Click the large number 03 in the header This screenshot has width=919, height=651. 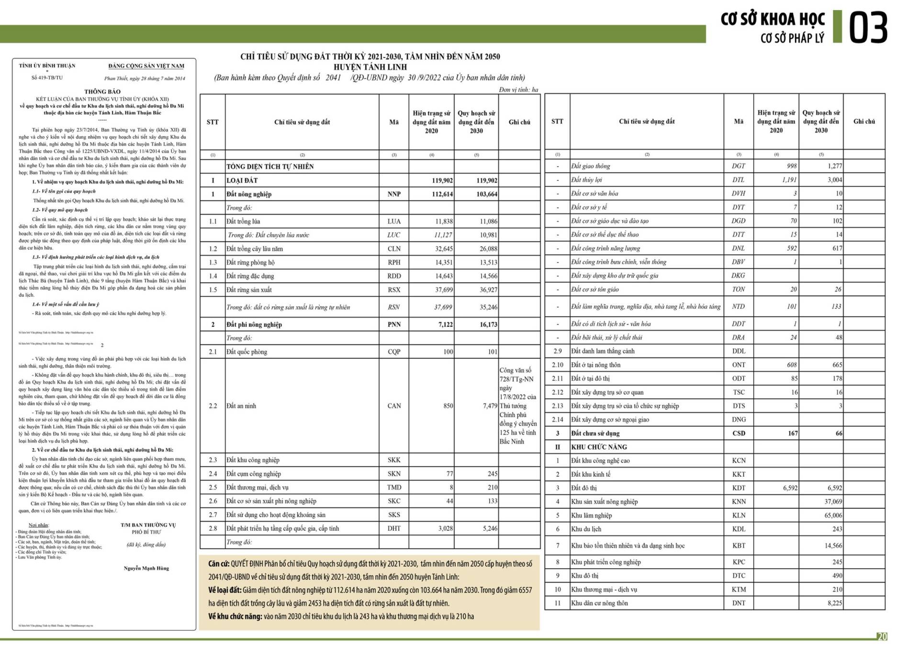point(868,28)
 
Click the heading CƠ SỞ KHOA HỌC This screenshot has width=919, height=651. point(773,19)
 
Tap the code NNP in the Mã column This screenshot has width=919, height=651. point(394,194)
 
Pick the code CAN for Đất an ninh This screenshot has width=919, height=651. point(394,406)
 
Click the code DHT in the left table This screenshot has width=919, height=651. point(394,528)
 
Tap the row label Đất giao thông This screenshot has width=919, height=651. point(591,166)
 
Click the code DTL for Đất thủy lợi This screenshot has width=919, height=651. point(738,180)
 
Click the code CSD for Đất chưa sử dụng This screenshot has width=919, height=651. point(739,433)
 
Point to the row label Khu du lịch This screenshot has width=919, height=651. point(586,529)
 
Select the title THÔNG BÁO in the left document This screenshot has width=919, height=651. point(102,91)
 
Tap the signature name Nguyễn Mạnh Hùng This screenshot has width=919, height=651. point(146,568)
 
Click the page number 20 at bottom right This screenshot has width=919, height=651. point(882,637)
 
